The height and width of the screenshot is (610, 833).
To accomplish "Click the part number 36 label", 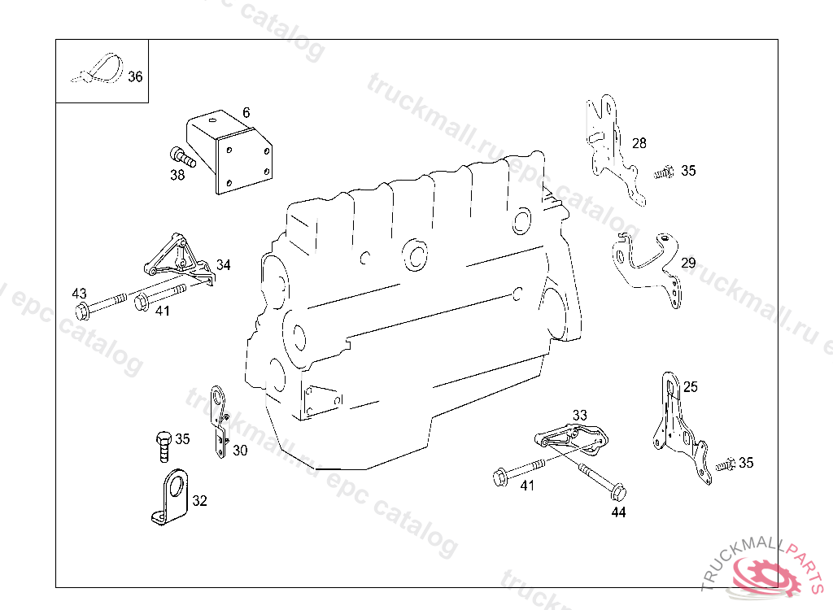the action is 135,77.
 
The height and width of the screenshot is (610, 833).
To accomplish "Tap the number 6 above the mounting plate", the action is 246,113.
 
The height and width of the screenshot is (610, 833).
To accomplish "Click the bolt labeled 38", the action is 181,156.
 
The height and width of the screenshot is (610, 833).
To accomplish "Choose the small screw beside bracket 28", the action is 665,172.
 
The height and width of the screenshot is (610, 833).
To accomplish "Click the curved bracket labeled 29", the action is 647,260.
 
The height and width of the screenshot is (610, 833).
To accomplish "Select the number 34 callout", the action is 223,265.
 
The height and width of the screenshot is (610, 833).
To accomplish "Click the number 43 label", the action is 79,293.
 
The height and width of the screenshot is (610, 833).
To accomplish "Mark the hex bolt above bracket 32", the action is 163,443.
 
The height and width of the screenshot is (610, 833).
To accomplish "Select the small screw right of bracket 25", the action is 725,464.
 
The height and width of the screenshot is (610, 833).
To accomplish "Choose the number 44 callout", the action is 619,512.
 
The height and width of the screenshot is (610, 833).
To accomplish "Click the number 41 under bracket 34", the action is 163,311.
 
